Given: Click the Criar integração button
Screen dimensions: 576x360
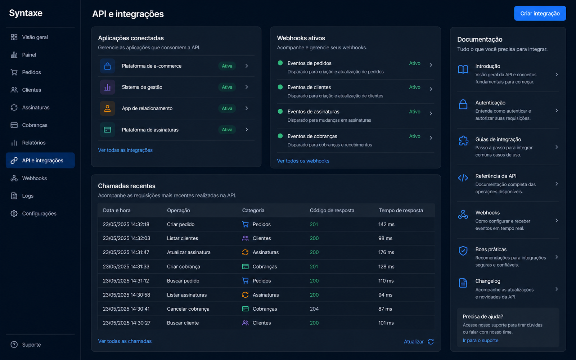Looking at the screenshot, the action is point(540,13).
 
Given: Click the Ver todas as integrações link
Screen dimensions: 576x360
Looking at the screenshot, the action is point(125,150).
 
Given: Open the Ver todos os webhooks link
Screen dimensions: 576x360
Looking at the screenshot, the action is point(303,161).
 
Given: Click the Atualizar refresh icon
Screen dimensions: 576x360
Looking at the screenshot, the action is point(431,342).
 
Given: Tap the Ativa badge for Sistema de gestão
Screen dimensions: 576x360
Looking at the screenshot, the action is point(227,87).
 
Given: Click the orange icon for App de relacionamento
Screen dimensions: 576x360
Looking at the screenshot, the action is point(108,108).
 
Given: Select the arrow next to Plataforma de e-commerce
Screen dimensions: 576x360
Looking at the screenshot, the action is point(247,66).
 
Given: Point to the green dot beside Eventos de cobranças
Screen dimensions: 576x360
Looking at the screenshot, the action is point(280,136).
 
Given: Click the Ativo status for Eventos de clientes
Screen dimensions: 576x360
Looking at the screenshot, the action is point(414,87).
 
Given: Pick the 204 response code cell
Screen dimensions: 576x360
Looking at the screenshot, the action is point(314,309).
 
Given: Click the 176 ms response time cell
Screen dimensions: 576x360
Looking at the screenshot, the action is point(386,252).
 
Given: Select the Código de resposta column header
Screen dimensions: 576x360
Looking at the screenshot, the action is point(332,210).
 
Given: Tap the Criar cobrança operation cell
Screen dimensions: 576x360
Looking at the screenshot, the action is point(183,266).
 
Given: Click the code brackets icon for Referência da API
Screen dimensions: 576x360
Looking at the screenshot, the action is point(463,178).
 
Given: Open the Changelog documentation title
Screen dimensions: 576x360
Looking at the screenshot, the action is point(487,281).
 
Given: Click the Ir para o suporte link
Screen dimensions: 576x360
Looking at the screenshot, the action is point(480,341).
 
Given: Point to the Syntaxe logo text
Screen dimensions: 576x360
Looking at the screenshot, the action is point(26,13).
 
